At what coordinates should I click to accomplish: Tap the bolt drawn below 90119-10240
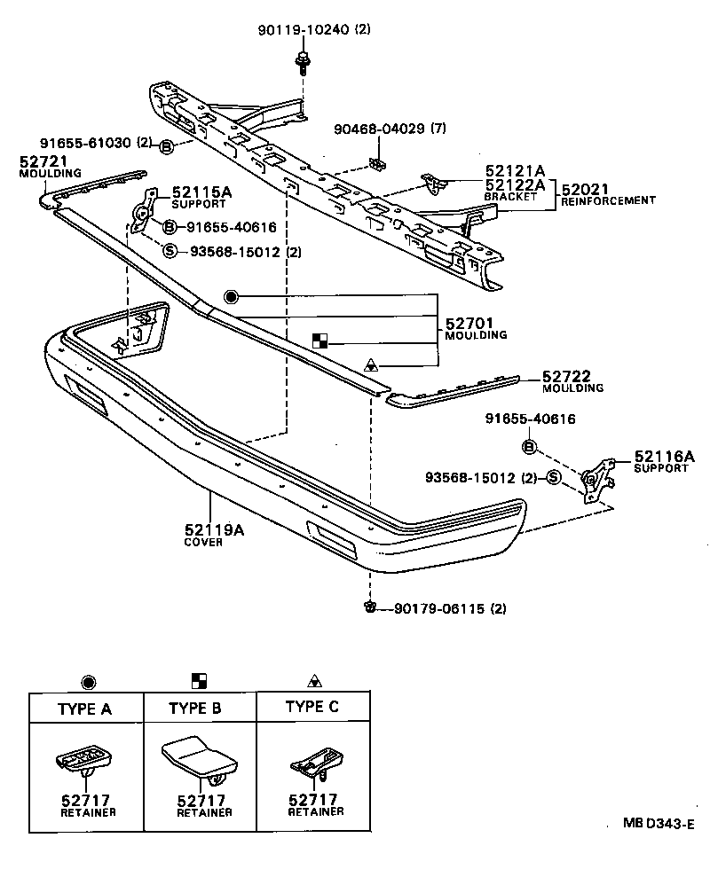(301, 63)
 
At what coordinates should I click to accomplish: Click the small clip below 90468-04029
(378, 165)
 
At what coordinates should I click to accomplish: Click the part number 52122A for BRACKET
(514, 184)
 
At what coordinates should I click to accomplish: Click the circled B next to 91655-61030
(167, 145)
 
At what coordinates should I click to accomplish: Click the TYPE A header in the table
(86, 709)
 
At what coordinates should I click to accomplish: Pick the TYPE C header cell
(312, 707)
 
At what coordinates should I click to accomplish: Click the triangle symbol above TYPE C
(313, 681)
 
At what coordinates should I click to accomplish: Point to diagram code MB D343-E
(657, 824)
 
